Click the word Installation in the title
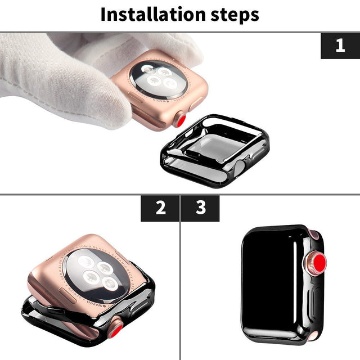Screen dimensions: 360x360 pos(151,15)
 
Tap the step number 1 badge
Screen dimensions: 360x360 pos(340,46)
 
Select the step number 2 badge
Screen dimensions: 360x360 pos(160,208)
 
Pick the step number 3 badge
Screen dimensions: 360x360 pos(200,208)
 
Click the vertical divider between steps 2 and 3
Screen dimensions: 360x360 pos(180,281)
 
